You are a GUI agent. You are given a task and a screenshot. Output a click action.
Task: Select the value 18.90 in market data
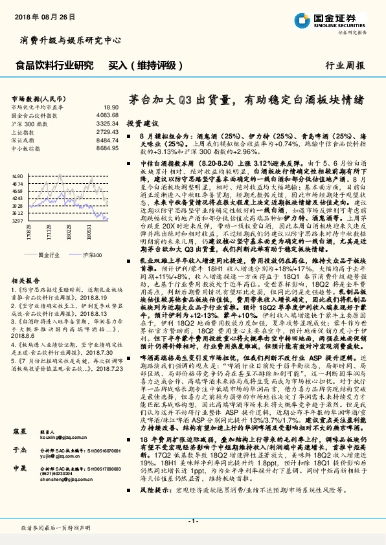tap(111, 107)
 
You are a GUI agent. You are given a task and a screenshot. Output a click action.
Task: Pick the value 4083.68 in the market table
tap(108, 115)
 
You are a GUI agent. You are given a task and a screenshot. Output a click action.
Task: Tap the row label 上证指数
tap(24, 131)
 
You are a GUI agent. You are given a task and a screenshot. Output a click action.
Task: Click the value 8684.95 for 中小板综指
tap(108, 147)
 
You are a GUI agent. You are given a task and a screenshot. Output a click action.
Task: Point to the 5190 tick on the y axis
tap(17, 175)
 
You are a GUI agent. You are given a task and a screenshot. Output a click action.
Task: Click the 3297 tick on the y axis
tap(17, 220)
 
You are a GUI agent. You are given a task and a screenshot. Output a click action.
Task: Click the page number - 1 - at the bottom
tap(192, 522)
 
